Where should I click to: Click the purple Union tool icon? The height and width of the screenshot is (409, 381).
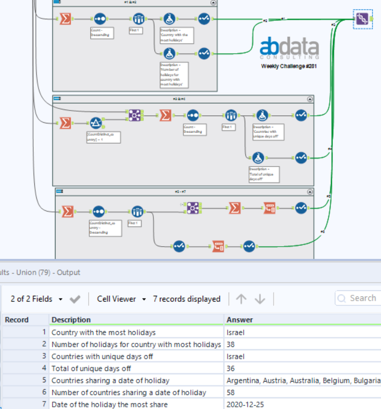362,19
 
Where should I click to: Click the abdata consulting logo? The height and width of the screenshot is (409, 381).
290,49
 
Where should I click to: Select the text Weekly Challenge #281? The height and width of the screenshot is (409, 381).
290,66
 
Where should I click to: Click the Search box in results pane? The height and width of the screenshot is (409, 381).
362,298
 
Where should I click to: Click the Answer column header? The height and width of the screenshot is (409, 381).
239,320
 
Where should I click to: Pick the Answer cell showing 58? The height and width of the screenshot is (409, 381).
231,392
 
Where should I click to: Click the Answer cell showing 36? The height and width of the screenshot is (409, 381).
231,368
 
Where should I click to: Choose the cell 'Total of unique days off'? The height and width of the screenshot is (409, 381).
91,368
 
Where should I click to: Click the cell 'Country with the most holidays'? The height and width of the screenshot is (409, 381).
103,332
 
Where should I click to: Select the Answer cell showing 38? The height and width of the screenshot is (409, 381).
231,344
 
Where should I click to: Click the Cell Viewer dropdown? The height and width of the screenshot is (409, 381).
121,299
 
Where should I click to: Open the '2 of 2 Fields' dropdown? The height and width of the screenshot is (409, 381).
37,299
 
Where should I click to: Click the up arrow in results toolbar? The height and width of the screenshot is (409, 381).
242,299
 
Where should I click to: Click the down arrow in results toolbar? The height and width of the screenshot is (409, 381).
260,299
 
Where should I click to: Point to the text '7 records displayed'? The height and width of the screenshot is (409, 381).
186,299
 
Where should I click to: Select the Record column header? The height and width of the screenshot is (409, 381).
17,320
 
